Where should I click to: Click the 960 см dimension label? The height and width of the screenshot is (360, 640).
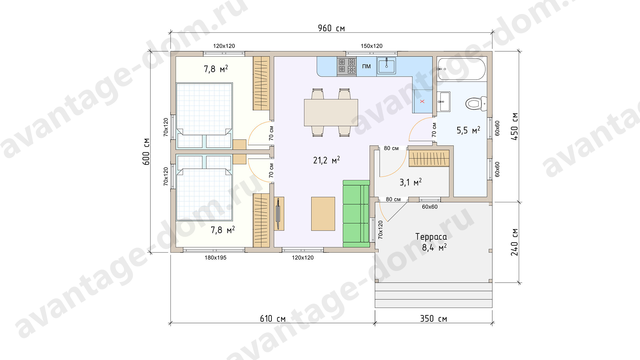tap(331, 28)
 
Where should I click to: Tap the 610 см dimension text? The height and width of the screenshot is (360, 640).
tap(273, 319)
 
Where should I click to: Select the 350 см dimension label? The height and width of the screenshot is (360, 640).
tap(433, 319)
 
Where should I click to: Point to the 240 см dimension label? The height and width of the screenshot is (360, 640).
tap(514, 242)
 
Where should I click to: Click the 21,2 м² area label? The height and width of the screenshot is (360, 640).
tap(326, 160)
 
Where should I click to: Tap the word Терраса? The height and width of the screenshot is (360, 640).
tap(431, 237)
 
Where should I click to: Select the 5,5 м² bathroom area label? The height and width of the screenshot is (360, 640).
tap(468, 130)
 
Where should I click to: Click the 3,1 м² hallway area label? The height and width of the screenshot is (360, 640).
tap(411, 182)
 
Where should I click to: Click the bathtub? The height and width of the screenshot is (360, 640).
tap(462, 69)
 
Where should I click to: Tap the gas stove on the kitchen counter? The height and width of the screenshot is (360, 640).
tap(347, 66)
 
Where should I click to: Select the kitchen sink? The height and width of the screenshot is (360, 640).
tap(386, 66)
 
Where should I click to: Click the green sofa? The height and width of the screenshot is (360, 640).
tap(356, 214)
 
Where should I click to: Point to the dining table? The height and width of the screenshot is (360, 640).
tap(331, 113)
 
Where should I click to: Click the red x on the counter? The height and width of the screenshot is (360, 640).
tap(422, 101)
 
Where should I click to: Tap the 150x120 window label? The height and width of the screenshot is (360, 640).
tap(372, 46)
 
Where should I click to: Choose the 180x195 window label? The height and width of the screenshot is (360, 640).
tap(215, 258)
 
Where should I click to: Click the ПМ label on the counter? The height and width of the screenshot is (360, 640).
tap(366, 66)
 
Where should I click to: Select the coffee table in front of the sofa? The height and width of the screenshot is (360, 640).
tap(323, 214)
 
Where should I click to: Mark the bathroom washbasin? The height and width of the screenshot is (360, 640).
tap(444, 101)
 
